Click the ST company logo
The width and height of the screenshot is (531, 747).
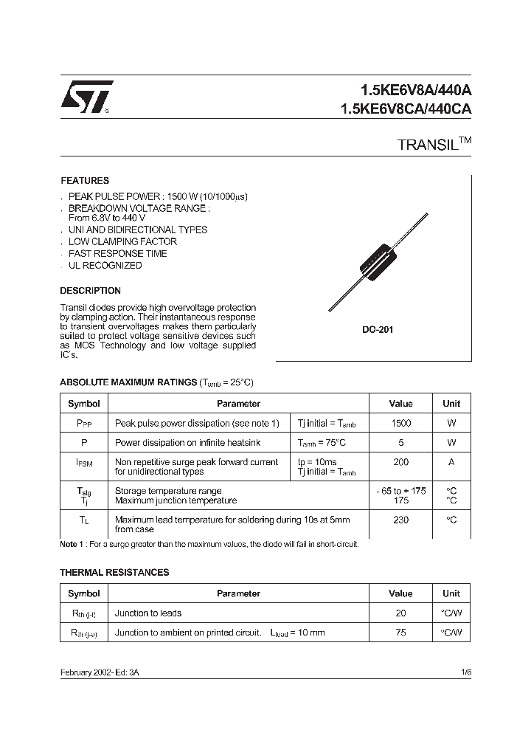86,97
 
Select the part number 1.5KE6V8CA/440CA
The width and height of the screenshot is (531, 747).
405,109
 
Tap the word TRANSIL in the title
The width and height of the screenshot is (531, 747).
427,145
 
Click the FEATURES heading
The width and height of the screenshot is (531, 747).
84,181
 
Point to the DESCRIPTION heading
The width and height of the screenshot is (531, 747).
90,291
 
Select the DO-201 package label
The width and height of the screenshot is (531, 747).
377,330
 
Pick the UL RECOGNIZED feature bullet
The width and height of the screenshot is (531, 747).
105,266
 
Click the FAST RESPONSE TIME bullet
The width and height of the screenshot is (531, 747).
117,254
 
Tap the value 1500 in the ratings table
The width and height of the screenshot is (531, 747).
401,424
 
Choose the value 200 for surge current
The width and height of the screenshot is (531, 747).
401,462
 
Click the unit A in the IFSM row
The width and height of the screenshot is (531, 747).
451,462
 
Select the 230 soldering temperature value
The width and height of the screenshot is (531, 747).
401,520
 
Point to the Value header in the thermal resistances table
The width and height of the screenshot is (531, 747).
401,593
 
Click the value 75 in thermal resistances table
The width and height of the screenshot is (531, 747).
401,633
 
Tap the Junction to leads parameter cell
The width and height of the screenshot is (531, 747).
148,613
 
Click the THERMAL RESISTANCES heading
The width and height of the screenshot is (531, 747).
114,573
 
